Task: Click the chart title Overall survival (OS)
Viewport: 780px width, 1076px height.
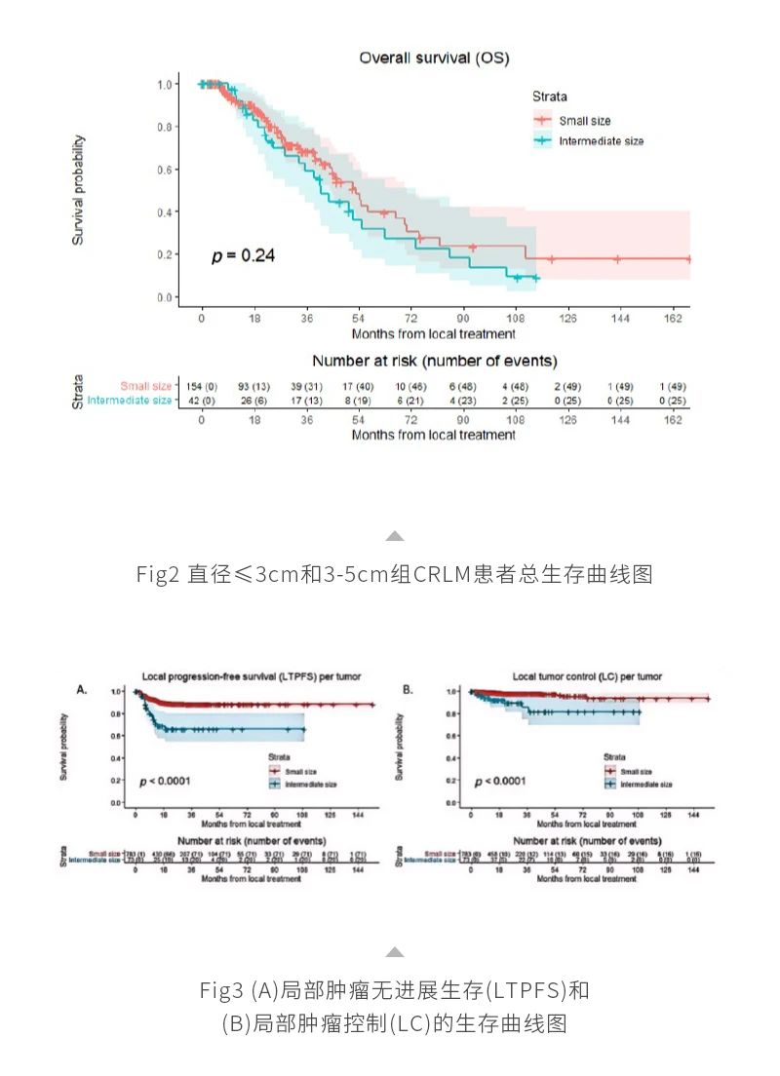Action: [x=434, y=58]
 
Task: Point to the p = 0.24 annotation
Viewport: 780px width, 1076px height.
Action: [x=244, y=255]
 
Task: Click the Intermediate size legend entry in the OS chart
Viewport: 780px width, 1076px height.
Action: [x=600, y=141]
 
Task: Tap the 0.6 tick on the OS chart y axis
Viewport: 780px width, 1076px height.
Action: [x=166, y=170]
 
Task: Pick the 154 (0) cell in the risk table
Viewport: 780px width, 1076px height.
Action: [x=202, y=386]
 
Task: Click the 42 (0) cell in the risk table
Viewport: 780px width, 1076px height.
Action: [x=202, y=400]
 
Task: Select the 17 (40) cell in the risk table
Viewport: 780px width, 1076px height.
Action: [x=359, y=386]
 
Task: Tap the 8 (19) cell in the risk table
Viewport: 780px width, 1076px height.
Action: [x=359, y=400]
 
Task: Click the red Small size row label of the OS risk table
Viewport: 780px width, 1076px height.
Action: [x=145, y=386]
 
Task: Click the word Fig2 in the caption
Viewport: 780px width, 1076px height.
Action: [x=155, y=574]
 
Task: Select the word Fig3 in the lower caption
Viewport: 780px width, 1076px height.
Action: [x=223, y=991]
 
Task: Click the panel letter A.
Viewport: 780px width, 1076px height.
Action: [x=82, y=689]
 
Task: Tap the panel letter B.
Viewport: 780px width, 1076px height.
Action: [x=408, y=689]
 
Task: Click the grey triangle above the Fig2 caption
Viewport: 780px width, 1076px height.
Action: [x=394, y=535]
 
